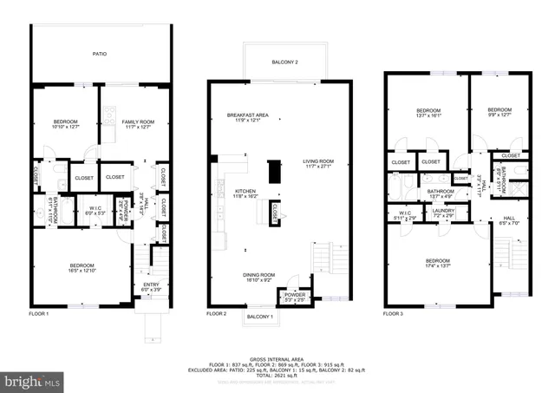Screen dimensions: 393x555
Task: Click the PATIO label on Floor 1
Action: point(100,55)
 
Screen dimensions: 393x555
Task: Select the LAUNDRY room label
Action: point(444,210)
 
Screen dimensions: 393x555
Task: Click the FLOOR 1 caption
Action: point(39,312)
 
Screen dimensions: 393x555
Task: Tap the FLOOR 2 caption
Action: point(217,312)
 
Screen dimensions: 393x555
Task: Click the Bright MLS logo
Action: point(33,380)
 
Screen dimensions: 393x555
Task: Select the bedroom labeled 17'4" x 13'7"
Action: point(438,263)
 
